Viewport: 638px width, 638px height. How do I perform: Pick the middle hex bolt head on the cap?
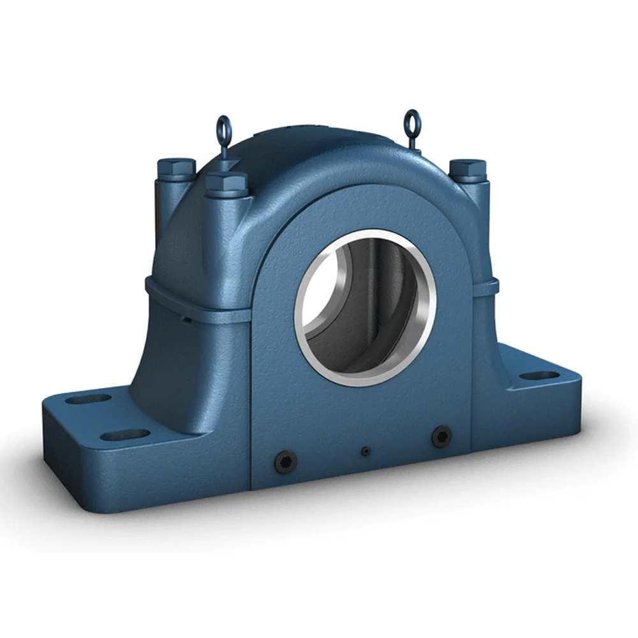tap(226, 183)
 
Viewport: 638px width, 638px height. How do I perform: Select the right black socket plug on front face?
tap(441, 436)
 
